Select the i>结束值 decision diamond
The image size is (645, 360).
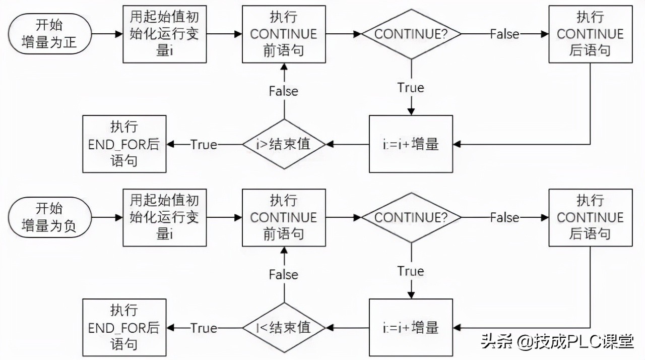[284, 144]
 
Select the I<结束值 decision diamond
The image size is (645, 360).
[284, 328]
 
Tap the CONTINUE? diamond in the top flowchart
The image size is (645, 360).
[411, 34]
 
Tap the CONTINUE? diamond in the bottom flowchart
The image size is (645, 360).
[411, 217]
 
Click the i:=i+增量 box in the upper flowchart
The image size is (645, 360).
[411, 144]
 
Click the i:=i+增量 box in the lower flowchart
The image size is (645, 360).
[411, 328]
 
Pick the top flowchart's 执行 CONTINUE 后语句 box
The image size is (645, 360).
[590, 34]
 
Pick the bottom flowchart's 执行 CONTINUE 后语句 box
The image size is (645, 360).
[590, 217]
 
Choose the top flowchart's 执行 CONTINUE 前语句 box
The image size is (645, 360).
[284, 34]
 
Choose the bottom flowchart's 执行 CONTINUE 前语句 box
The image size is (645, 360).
[284, 217]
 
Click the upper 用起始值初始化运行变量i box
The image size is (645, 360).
[165, 34]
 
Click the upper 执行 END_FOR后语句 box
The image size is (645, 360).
[124, 144]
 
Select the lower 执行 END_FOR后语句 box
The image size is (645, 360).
[124, 328]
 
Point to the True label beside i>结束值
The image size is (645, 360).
[204, 145]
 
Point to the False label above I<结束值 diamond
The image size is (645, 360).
[284, 275]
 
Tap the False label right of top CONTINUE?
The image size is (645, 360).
[504, 34]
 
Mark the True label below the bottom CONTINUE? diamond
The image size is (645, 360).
[411, 271]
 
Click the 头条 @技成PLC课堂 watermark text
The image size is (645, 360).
[557, 342]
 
